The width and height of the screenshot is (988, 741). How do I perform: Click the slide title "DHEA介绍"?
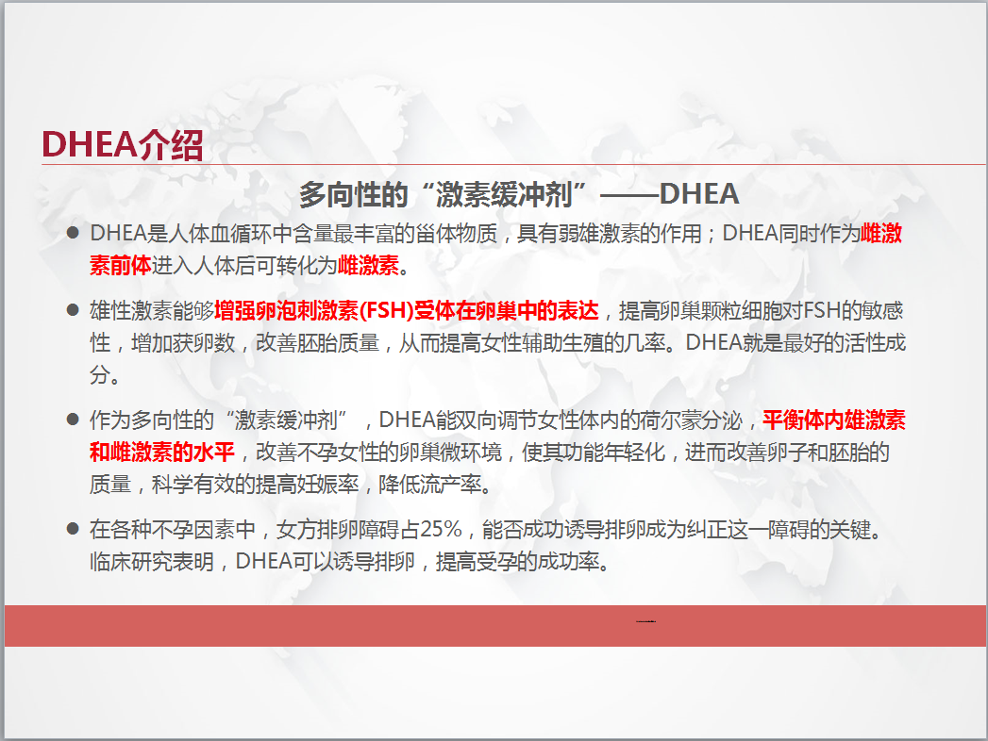pyautogui.click(x=123, y=145)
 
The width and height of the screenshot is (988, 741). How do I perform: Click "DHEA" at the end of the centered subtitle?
pyautogui.click(x=699, y=194)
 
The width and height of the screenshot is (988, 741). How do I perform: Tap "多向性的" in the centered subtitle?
pyautogui.click(x=354, y=194)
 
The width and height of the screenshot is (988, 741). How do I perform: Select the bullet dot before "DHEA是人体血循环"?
pyautogui.click(x=73, y=233)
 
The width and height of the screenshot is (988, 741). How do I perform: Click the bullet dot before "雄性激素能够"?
pyautogui.click(x=73, y=310)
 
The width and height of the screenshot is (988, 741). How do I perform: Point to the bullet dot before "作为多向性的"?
pyautogui.click(x=73, y=420)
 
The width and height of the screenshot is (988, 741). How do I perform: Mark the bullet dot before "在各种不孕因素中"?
pyautogui.click(x=73, y=528)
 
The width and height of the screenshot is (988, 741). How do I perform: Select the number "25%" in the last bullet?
pyautogui.click(x=441, y=529)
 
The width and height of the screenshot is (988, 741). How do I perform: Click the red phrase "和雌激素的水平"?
pyautogui.click(x=162, y=452)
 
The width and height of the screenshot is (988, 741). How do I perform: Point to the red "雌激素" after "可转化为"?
pyautogui.click(x=369, y=266)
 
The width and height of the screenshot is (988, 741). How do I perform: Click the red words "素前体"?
pyautogui.click(x=121, y=266)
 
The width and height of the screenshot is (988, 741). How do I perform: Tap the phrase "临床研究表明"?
pyautogui.click(x=151, y=561)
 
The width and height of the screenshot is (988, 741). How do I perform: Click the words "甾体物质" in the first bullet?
pyautogui.click(x=456, y=234)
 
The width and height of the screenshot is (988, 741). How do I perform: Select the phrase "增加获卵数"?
pyautogui.click(x=183, y=343)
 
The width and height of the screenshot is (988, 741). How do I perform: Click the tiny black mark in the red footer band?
pyautogui.click(x=645, y=621)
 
